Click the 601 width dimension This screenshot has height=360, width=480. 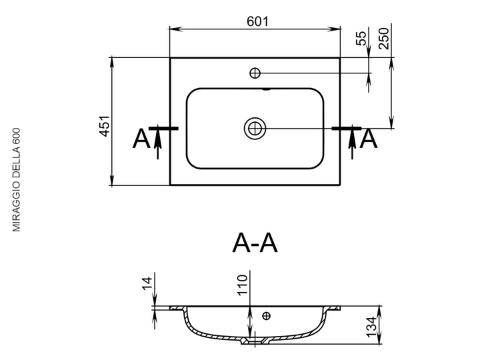click(257, 21)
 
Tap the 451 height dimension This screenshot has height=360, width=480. click(105, 126)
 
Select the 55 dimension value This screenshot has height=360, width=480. click(361, 38)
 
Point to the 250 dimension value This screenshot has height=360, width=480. click(383, 38)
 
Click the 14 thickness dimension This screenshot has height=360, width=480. click(147, 283)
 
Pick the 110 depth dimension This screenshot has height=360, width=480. click(242, 285)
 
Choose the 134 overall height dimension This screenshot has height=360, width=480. click(371, 327)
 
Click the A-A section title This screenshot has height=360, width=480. click(255, 243)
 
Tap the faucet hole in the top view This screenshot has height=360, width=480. click(255, 73)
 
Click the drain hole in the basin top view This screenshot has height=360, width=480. click(255, 128)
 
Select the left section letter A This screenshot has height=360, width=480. click(141, 139)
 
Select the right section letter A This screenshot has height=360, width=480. click(369, 139)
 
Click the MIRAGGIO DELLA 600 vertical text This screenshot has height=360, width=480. click(16, 180)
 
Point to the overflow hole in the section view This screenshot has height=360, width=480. click(267, 315)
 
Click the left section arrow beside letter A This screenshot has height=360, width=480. click(157, 142)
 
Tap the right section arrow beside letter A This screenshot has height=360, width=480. click(353, 142)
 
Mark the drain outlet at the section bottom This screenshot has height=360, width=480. click(255, 341)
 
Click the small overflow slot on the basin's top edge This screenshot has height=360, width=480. click(267, 89)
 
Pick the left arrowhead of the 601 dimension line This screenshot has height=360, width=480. click(176, 29)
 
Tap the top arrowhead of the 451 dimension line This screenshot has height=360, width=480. click(112, 63)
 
